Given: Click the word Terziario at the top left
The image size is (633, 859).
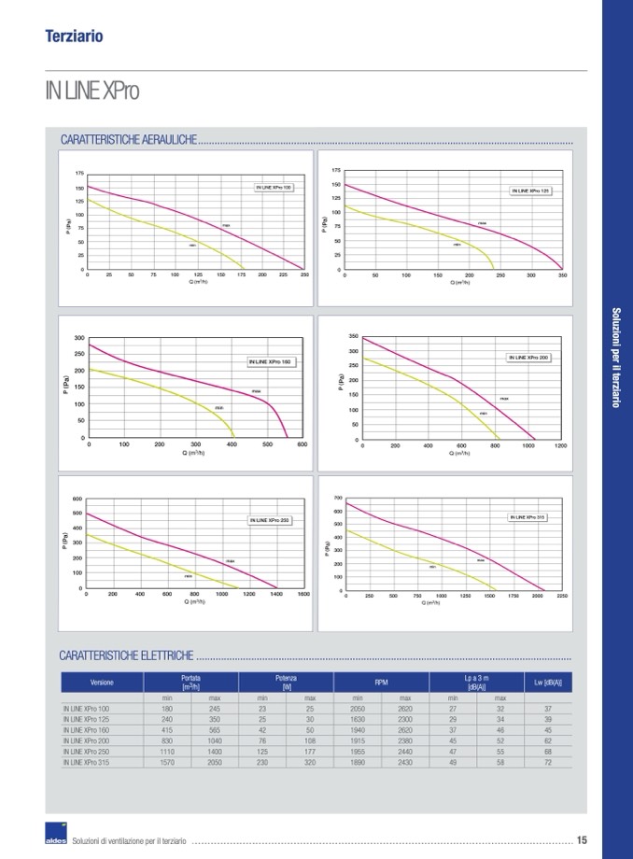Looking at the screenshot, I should (74, 36).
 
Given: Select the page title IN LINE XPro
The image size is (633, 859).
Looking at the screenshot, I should (92, 92).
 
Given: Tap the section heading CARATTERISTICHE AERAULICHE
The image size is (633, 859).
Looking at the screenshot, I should (128, 139).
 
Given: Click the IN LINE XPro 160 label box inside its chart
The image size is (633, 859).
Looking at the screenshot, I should (270, 361).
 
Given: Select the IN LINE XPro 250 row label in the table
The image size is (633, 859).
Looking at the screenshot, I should (85, 750).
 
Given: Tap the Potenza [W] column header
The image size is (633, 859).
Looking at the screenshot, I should (287, 683).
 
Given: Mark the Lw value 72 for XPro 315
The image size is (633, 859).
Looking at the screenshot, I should (547, 762).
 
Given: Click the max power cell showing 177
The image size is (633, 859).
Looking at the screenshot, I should (310, 750).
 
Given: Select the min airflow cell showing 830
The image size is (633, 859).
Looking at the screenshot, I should (167, 739).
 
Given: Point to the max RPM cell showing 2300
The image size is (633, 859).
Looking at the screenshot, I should (404, 719).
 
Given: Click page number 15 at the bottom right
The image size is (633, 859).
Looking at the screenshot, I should (582, 840).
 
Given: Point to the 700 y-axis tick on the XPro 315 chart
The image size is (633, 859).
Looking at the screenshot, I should (338, 499).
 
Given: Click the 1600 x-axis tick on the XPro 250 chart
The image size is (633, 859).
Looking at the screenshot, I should (303, 594).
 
